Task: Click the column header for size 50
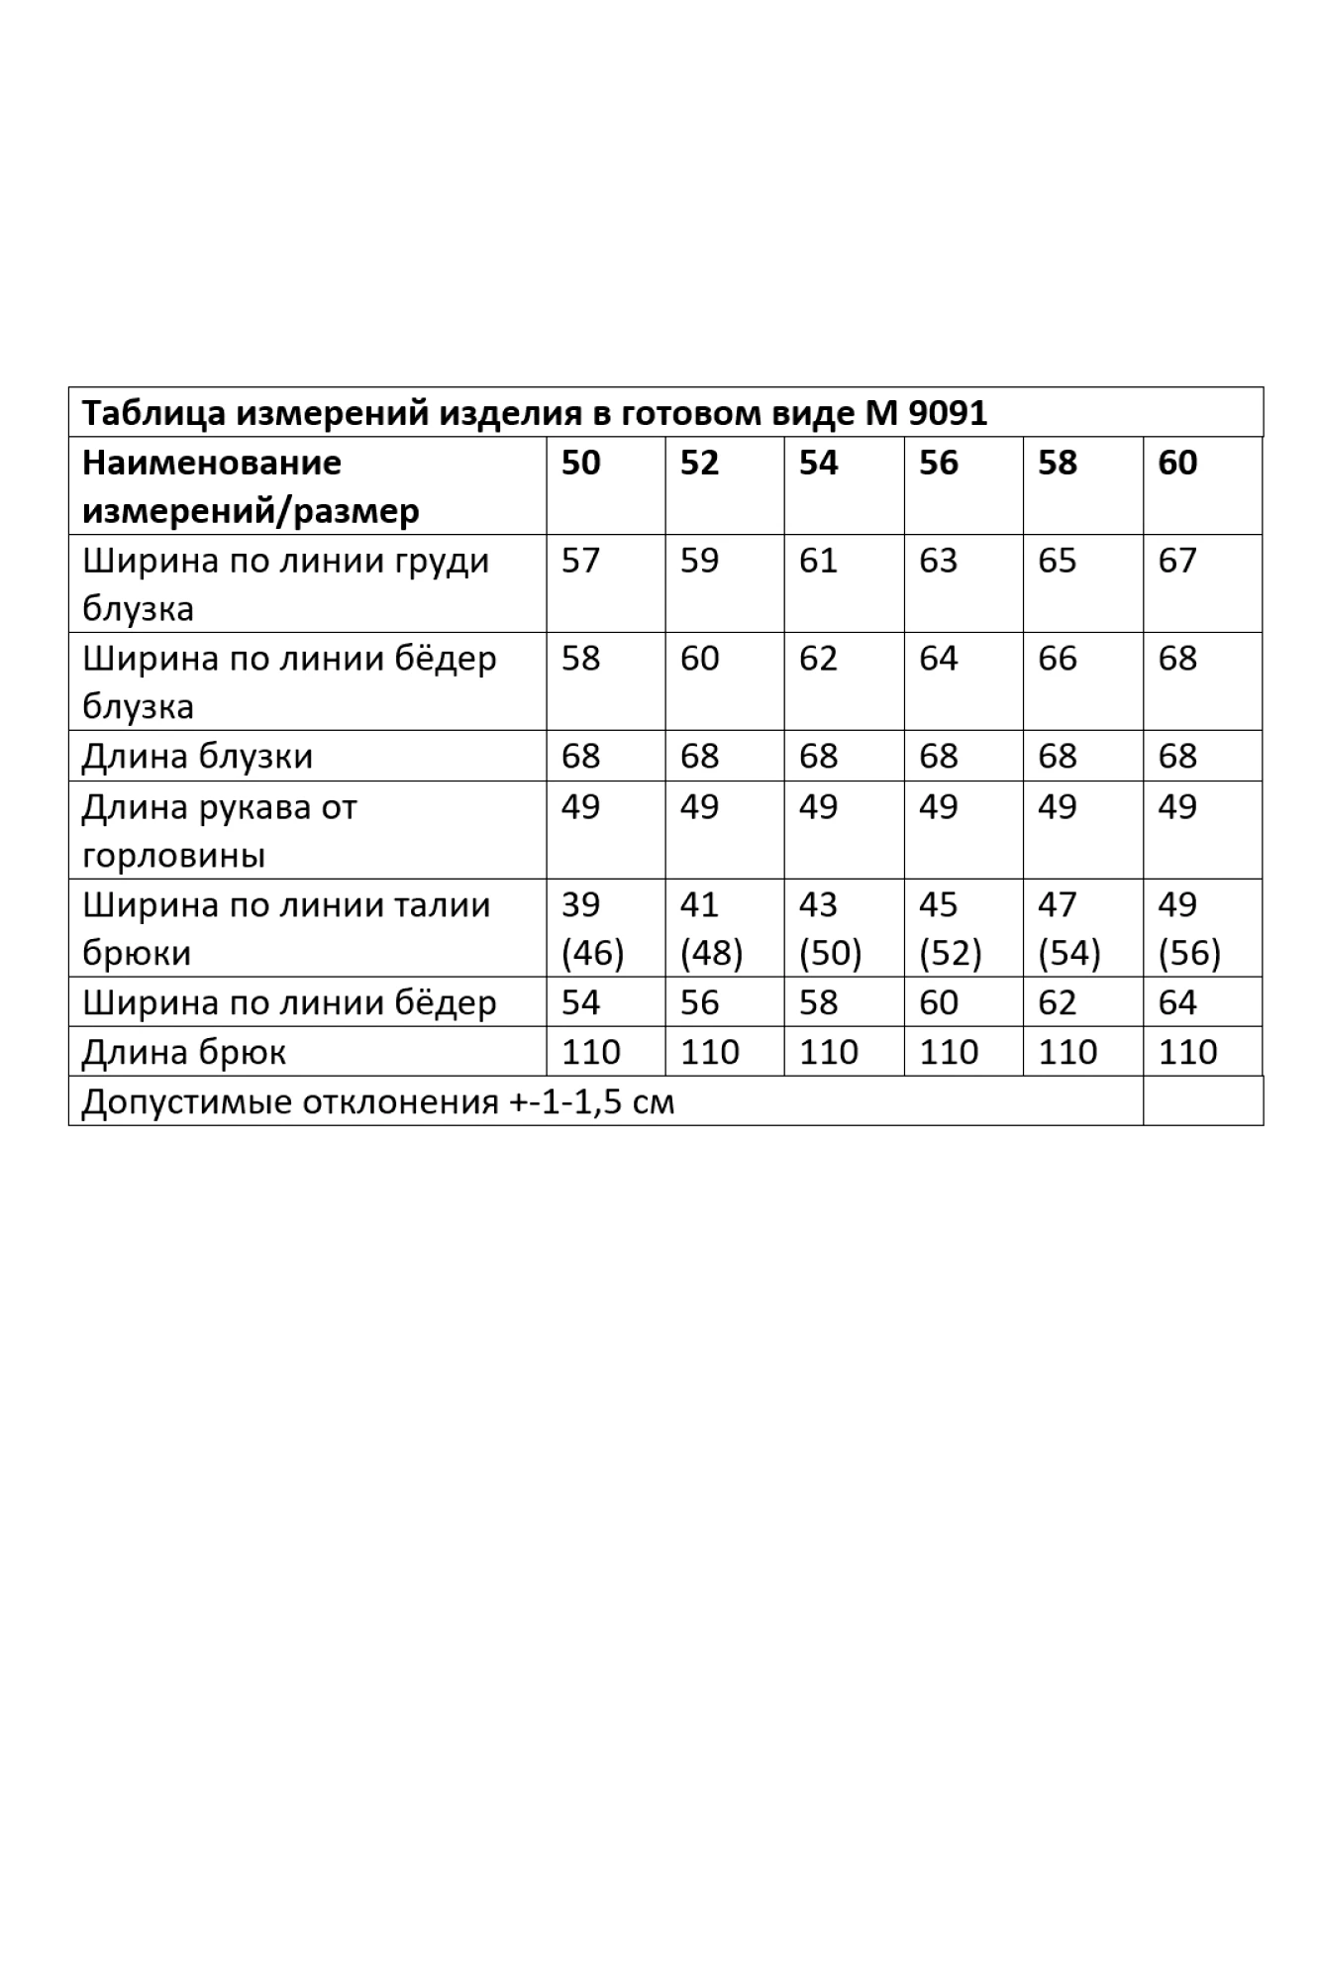point(580,463)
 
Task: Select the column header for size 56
point(938,463)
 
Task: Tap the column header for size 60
point(1177,463)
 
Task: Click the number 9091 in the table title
point(947,413)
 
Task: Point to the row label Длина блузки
point(197,757)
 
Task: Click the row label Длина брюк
point(183,1052)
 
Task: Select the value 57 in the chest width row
point(580,561)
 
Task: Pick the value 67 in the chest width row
point(1177,561)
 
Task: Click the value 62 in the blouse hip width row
point(818,659)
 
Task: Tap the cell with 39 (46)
point(592,929)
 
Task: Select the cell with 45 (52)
point(950,929)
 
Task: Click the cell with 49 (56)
point(1188,929)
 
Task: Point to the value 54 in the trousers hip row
point(580,1002)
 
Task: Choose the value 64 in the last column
point(1177,1002)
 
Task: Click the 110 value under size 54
point(828,1052)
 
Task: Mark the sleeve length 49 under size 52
point(699,806)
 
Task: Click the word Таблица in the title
point(152,413)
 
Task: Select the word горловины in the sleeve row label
point(173,855)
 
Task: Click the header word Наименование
point(211,463)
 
